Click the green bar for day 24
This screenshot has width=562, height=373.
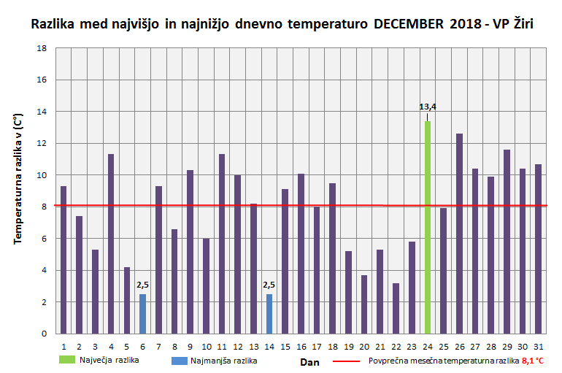pyautogui.click(x=428, y=227)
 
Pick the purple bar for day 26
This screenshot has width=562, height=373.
pyautogui.click(x=459, y=234)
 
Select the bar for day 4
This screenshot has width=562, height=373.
pyautogui.click(x=111, y=244)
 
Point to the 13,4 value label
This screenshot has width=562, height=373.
pyautogui.click(x=428, y=107)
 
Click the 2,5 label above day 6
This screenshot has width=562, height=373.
pyautogui.click(x=143, y=285)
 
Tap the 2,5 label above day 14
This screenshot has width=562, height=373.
pyautogui.click(x=269, y=285)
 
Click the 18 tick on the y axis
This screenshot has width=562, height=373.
pyautogui.click(x=42, y=48)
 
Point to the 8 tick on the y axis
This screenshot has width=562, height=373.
pyautogui.click(x=45, y=207)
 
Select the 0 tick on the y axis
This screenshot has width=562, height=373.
pyautogui.click(x=45, y=334)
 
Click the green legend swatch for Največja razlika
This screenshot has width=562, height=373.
pyautogui.click(x=75, y=360)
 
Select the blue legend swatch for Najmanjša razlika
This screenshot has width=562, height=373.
pyautogui.click(x=179, y=360)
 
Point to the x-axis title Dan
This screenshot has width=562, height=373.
pyautogui.click(x=309, y=361)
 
